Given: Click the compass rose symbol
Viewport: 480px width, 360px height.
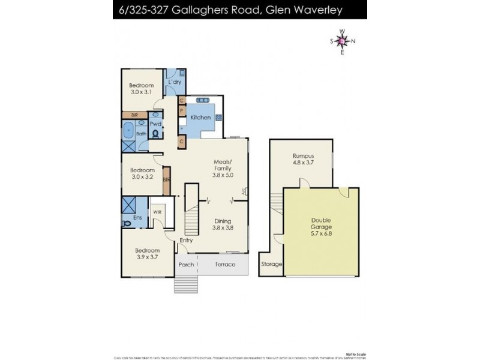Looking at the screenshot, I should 342,41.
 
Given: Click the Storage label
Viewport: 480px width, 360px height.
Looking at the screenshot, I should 270,263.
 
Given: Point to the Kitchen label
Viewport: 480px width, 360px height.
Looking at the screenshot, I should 200,118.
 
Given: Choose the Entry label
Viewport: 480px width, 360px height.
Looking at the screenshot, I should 187,240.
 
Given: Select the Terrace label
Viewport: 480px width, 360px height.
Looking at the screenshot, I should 223,264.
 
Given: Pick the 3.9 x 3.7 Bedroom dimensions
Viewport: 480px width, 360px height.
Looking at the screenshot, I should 147,257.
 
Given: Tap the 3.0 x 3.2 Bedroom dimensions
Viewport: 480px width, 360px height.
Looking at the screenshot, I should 142,178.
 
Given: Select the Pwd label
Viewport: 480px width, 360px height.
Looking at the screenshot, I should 156,124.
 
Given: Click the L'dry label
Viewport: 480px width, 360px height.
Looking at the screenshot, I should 175,82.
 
